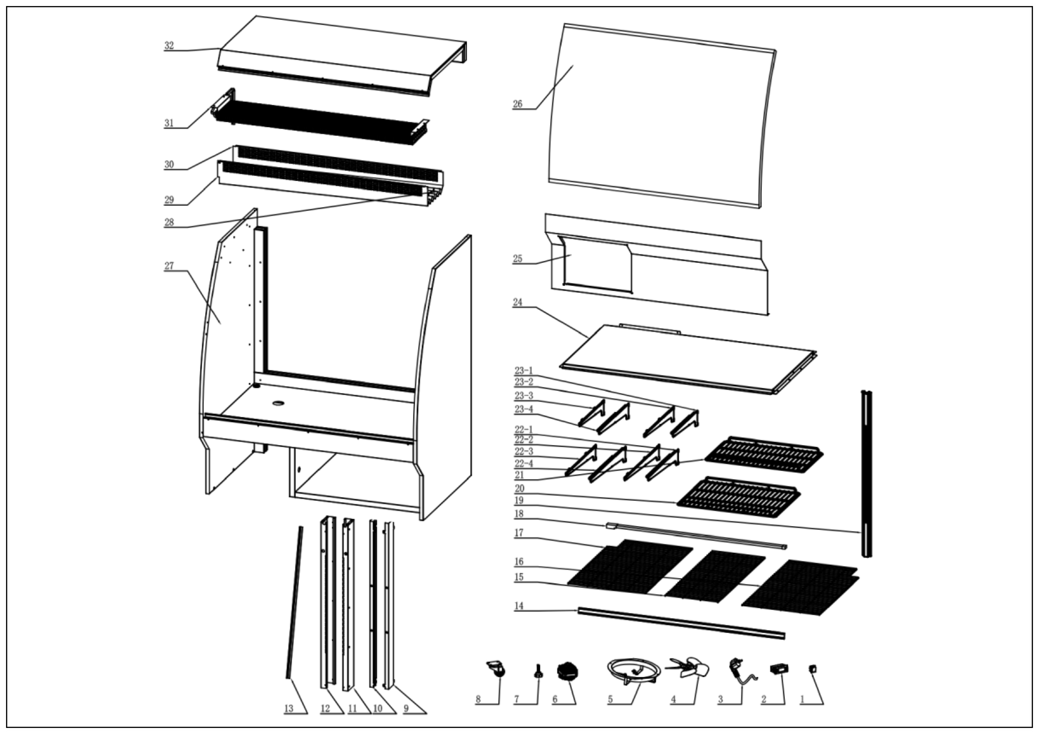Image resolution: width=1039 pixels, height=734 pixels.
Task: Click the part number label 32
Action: pos(169,46)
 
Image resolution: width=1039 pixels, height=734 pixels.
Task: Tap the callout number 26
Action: pos(517,104)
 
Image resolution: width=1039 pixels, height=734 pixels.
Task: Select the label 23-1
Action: pos(523,371)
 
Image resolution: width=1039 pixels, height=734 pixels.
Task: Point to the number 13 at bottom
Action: pos(289,708)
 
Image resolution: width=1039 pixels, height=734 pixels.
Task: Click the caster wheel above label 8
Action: pos(497,669)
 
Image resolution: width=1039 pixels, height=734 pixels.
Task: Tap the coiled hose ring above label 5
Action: pos(632,669)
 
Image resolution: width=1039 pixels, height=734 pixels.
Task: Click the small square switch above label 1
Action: pos(813,668)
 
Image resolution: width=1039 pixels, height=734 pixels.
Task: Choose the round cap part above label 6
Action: pos(568,671)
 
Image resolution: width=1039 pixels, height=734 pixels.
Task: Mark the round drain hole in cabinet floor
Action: pos(279,402)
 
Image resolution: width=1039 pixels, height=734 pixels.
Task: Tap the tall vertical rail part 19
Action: pos(866,473)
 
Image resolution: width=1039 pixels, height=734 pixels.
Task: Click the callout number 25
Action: pos(517,259)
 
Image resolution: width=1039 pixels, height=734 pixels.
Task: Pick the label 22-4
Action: pos(523,464)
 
